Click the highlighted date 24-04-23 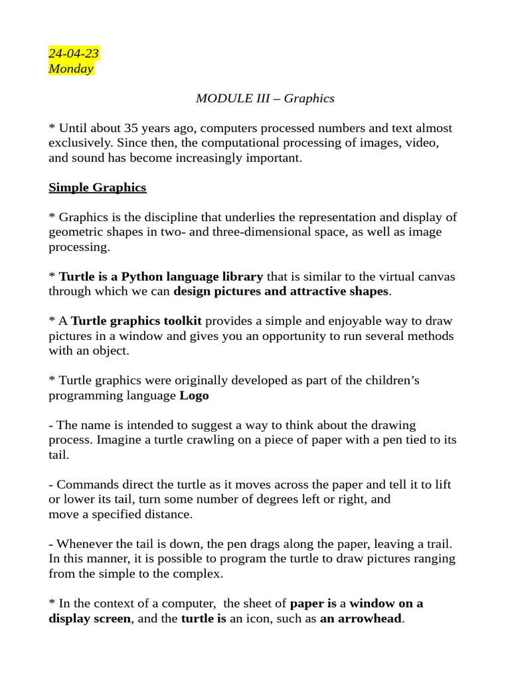74,54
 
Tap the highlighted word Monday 71,68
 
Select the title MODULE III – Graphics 265,98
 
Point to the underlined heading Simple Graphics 98,187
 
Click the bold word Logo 195,395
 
